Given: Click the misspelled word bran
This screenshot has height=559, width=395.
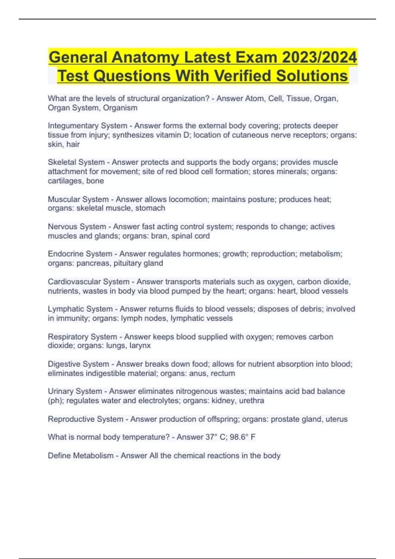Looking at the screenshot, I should (159, 236).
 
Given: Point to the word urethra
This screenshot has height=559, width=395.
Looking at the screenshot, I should (251, 401).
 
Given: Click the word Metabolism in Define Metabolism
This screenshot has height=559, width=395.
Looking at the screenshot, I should (93, 456).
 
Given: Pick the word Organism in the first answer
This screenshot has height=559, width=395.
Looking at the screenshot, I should (120, 108).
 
